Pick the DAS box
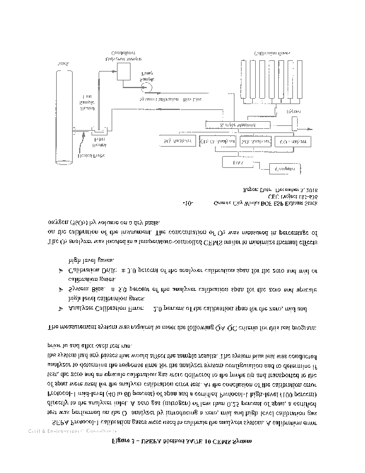coord(238,162)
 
